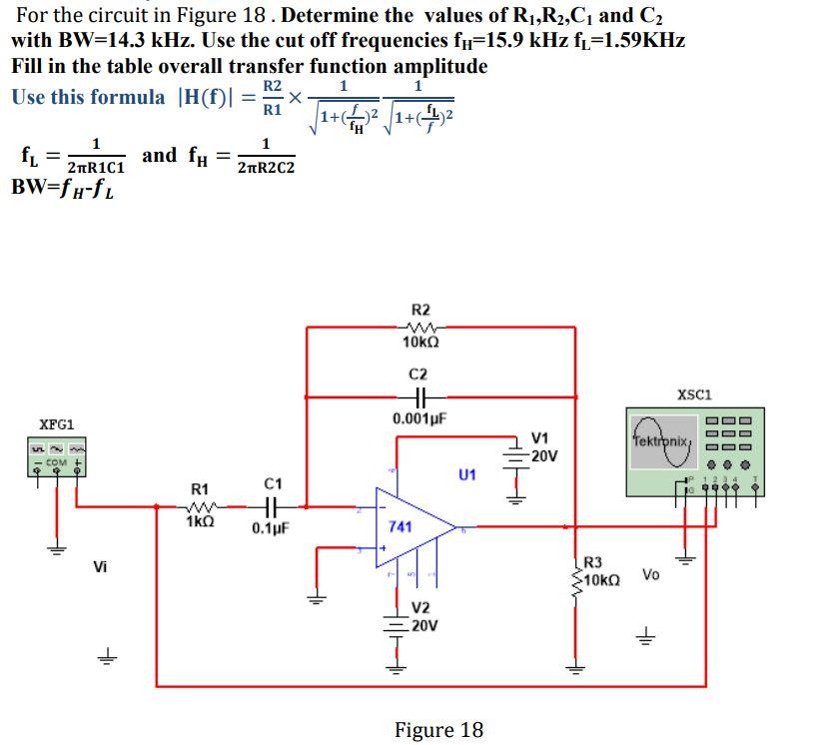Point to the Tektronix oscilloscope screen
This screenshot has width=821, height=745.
pyautogui.click(x=661, y=438)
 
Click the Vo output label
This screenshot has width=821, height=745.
pyautogui.click(x=651, y=574)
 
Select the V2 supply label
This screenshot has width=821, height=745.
pyautogui.click(x=421, y=609)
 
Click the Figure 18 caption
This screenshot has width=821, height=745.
pyautogui.click(x=438, y=730)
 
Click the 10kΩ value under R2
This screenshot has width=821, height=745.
pyautogui.click(x=420, y=343)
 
